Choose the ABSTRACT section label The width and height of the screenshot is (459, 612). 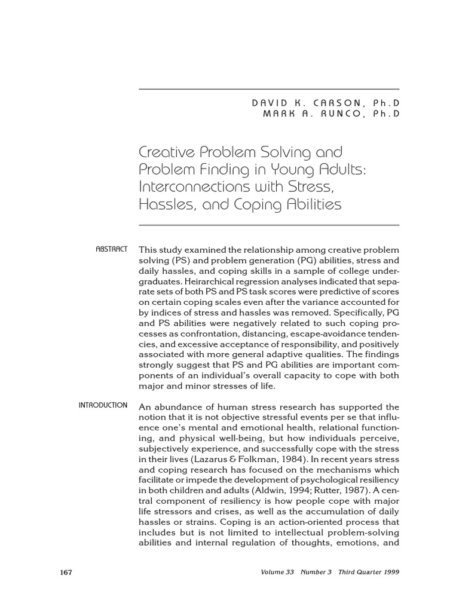(x=111, y=249)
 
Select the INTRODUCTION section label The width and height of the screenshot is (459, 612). (x=103, y=405)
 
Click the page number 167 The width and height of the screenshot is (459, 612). (x=66, y=572)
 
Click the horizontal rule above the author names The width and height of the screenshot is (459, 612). (x=268, y=89)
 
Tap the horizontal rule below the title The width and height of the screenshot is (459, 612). (x=268, y=225)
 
